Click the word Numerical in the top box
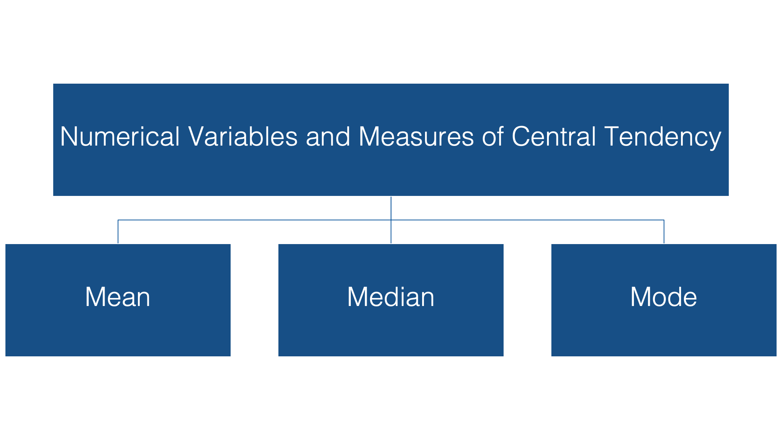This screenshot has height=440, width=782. click(120, 137)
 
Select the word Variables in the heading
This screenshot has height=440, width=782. click(243, 137)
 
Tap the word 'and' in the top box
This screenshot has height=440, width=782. click(328, 137)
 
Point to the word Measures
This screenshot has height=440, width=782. click(416, 137)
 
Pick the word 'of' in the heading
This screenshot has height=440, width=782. click(493, 137)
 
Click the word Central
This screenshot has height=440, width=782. click(554, 137)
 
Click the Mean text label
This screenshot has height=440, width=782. click(118, 297)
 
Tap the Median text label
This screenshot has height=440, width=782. click(391, 297)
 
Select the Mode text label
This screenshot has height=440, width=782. click(664, 297)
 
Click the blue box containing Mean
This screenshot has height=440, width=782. click(118, 300)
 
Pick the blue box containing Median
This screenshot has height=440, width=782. click(391, 300)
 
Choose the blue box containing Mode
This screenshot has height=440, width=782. click(664, 300)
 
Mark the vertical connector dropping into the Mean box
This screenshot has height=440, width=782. click(118, 232)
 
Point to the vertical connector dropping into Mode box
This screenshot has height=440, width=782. click(664, 232)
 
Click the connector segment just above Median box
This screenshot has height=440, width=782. click(391, 232)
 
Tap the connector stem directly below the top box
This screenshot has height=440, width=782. click(391, 208)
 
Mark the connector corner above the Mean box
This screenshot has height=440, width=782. click(118, 220)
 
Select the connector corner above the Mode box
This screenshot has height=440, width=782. click(664, 220)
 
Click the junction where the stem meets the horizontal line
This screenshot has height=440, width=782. click(391, 220)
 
